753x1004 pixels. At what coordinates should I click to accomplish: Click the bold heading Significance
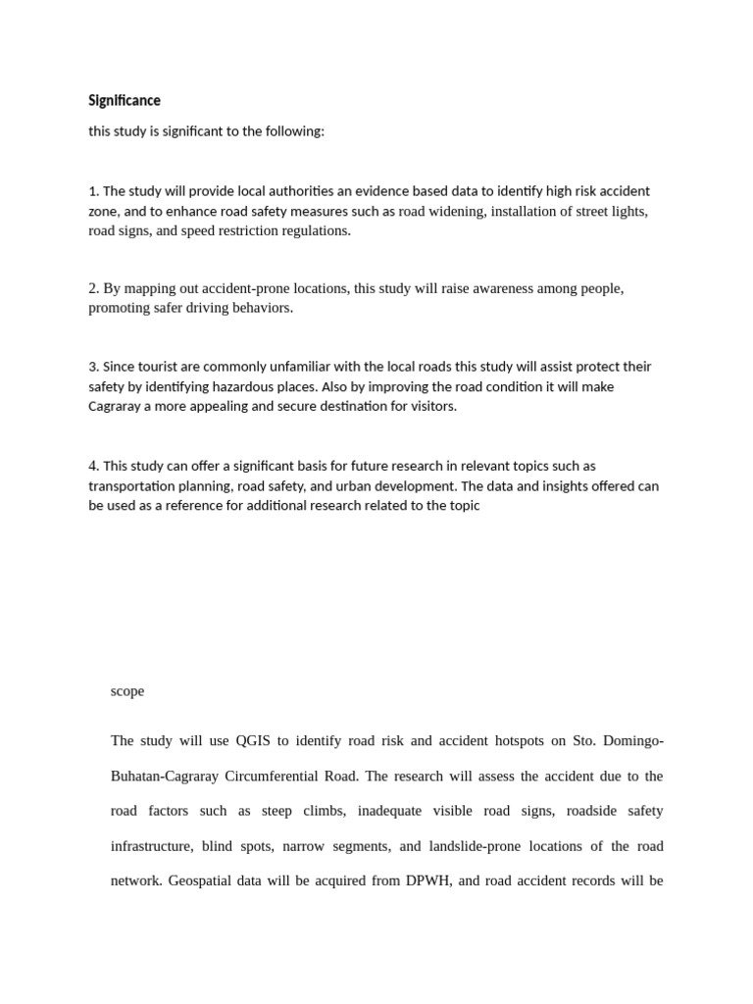(125, 100)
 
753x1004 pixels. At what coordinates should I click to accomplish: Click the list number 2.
(93, 288)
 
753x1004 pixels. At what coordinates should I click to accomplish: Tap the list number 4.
(93, 466)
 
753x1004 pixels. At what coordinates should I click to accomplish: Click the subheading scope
(127, 691)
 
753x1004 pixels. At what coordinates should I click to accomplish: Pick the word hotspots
(567, 740)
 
